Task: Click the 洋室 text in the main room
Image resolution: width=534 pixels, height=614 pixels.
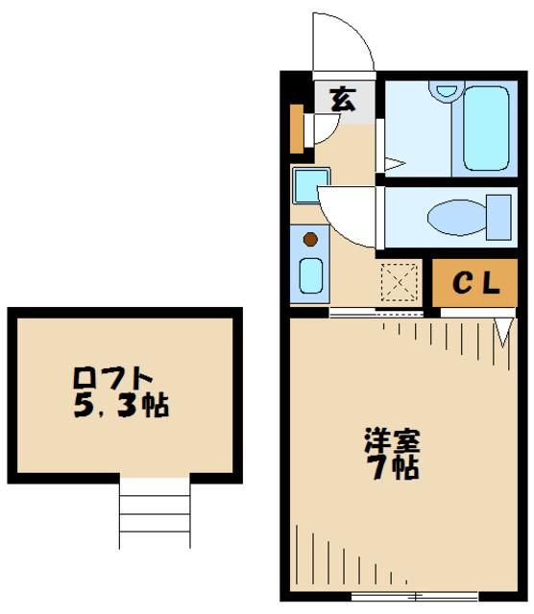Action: point(391,443)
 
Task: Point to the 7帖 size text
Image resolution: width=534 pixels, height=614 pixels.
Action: point(392,470)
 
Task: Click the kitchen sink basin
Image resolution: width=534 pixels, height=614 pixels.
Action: point(310,275)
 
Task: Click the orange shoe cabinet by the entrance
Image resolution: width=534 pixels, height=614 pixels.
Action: point(297,127)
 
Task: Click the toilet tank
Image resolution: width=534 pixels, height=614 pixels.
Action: point(499,216)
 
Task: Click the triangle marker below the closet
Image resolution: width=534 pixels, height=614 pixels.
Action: point(502,331)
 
